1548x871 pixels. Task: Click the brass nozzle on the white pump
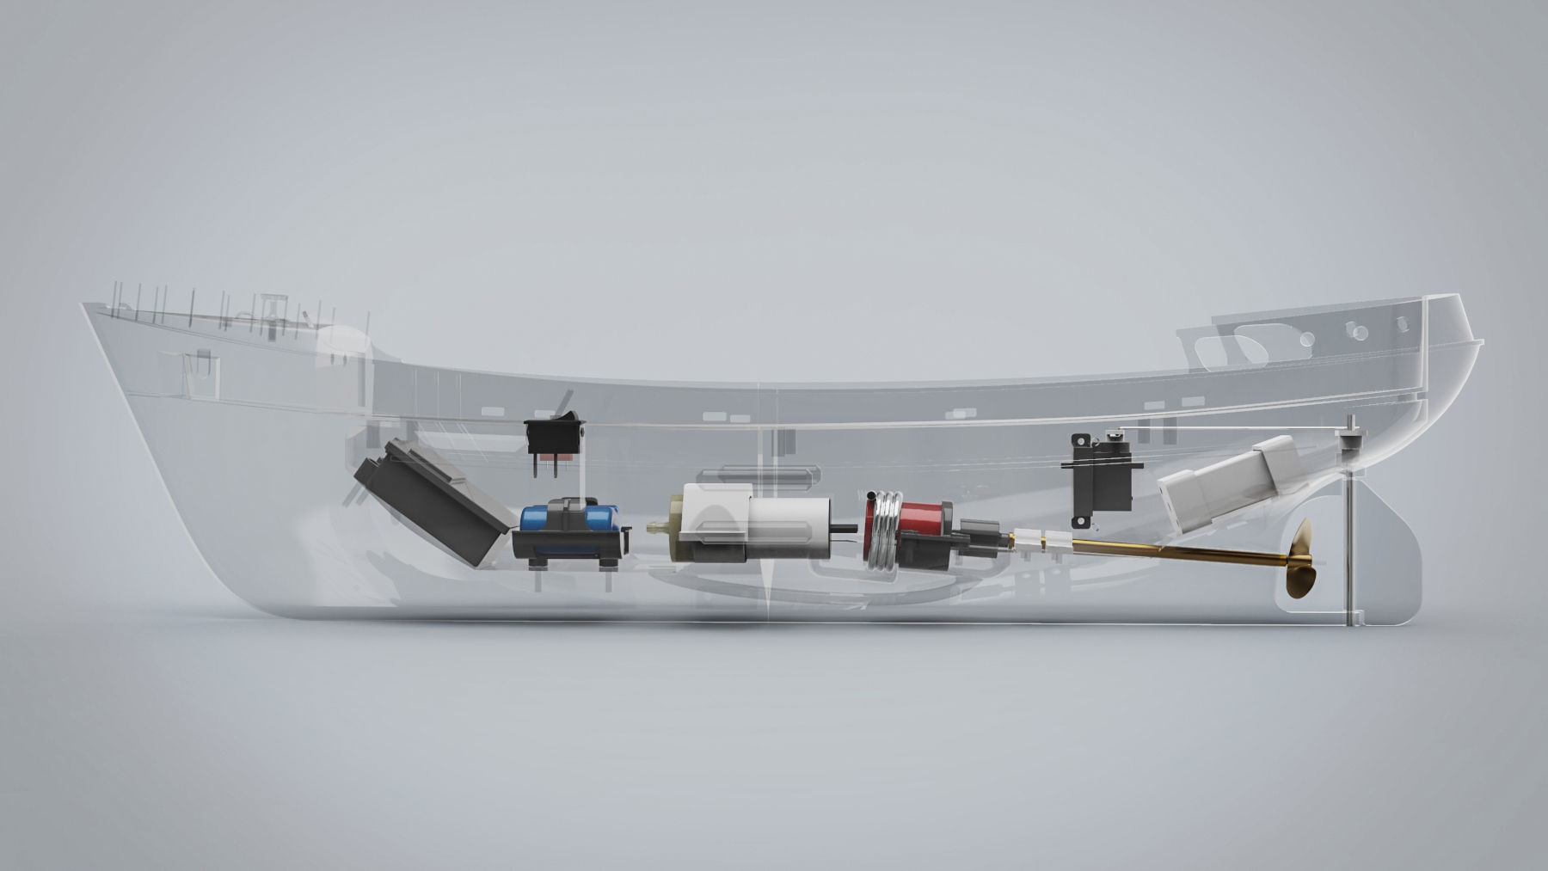pyautogui.click(x=659, y=524)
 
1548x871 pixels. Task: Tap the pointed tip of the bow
pyautogui.click(x=84, y=306)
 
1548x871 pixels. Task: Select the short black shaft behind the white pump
pyautogui.click(x=851, y=527)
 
